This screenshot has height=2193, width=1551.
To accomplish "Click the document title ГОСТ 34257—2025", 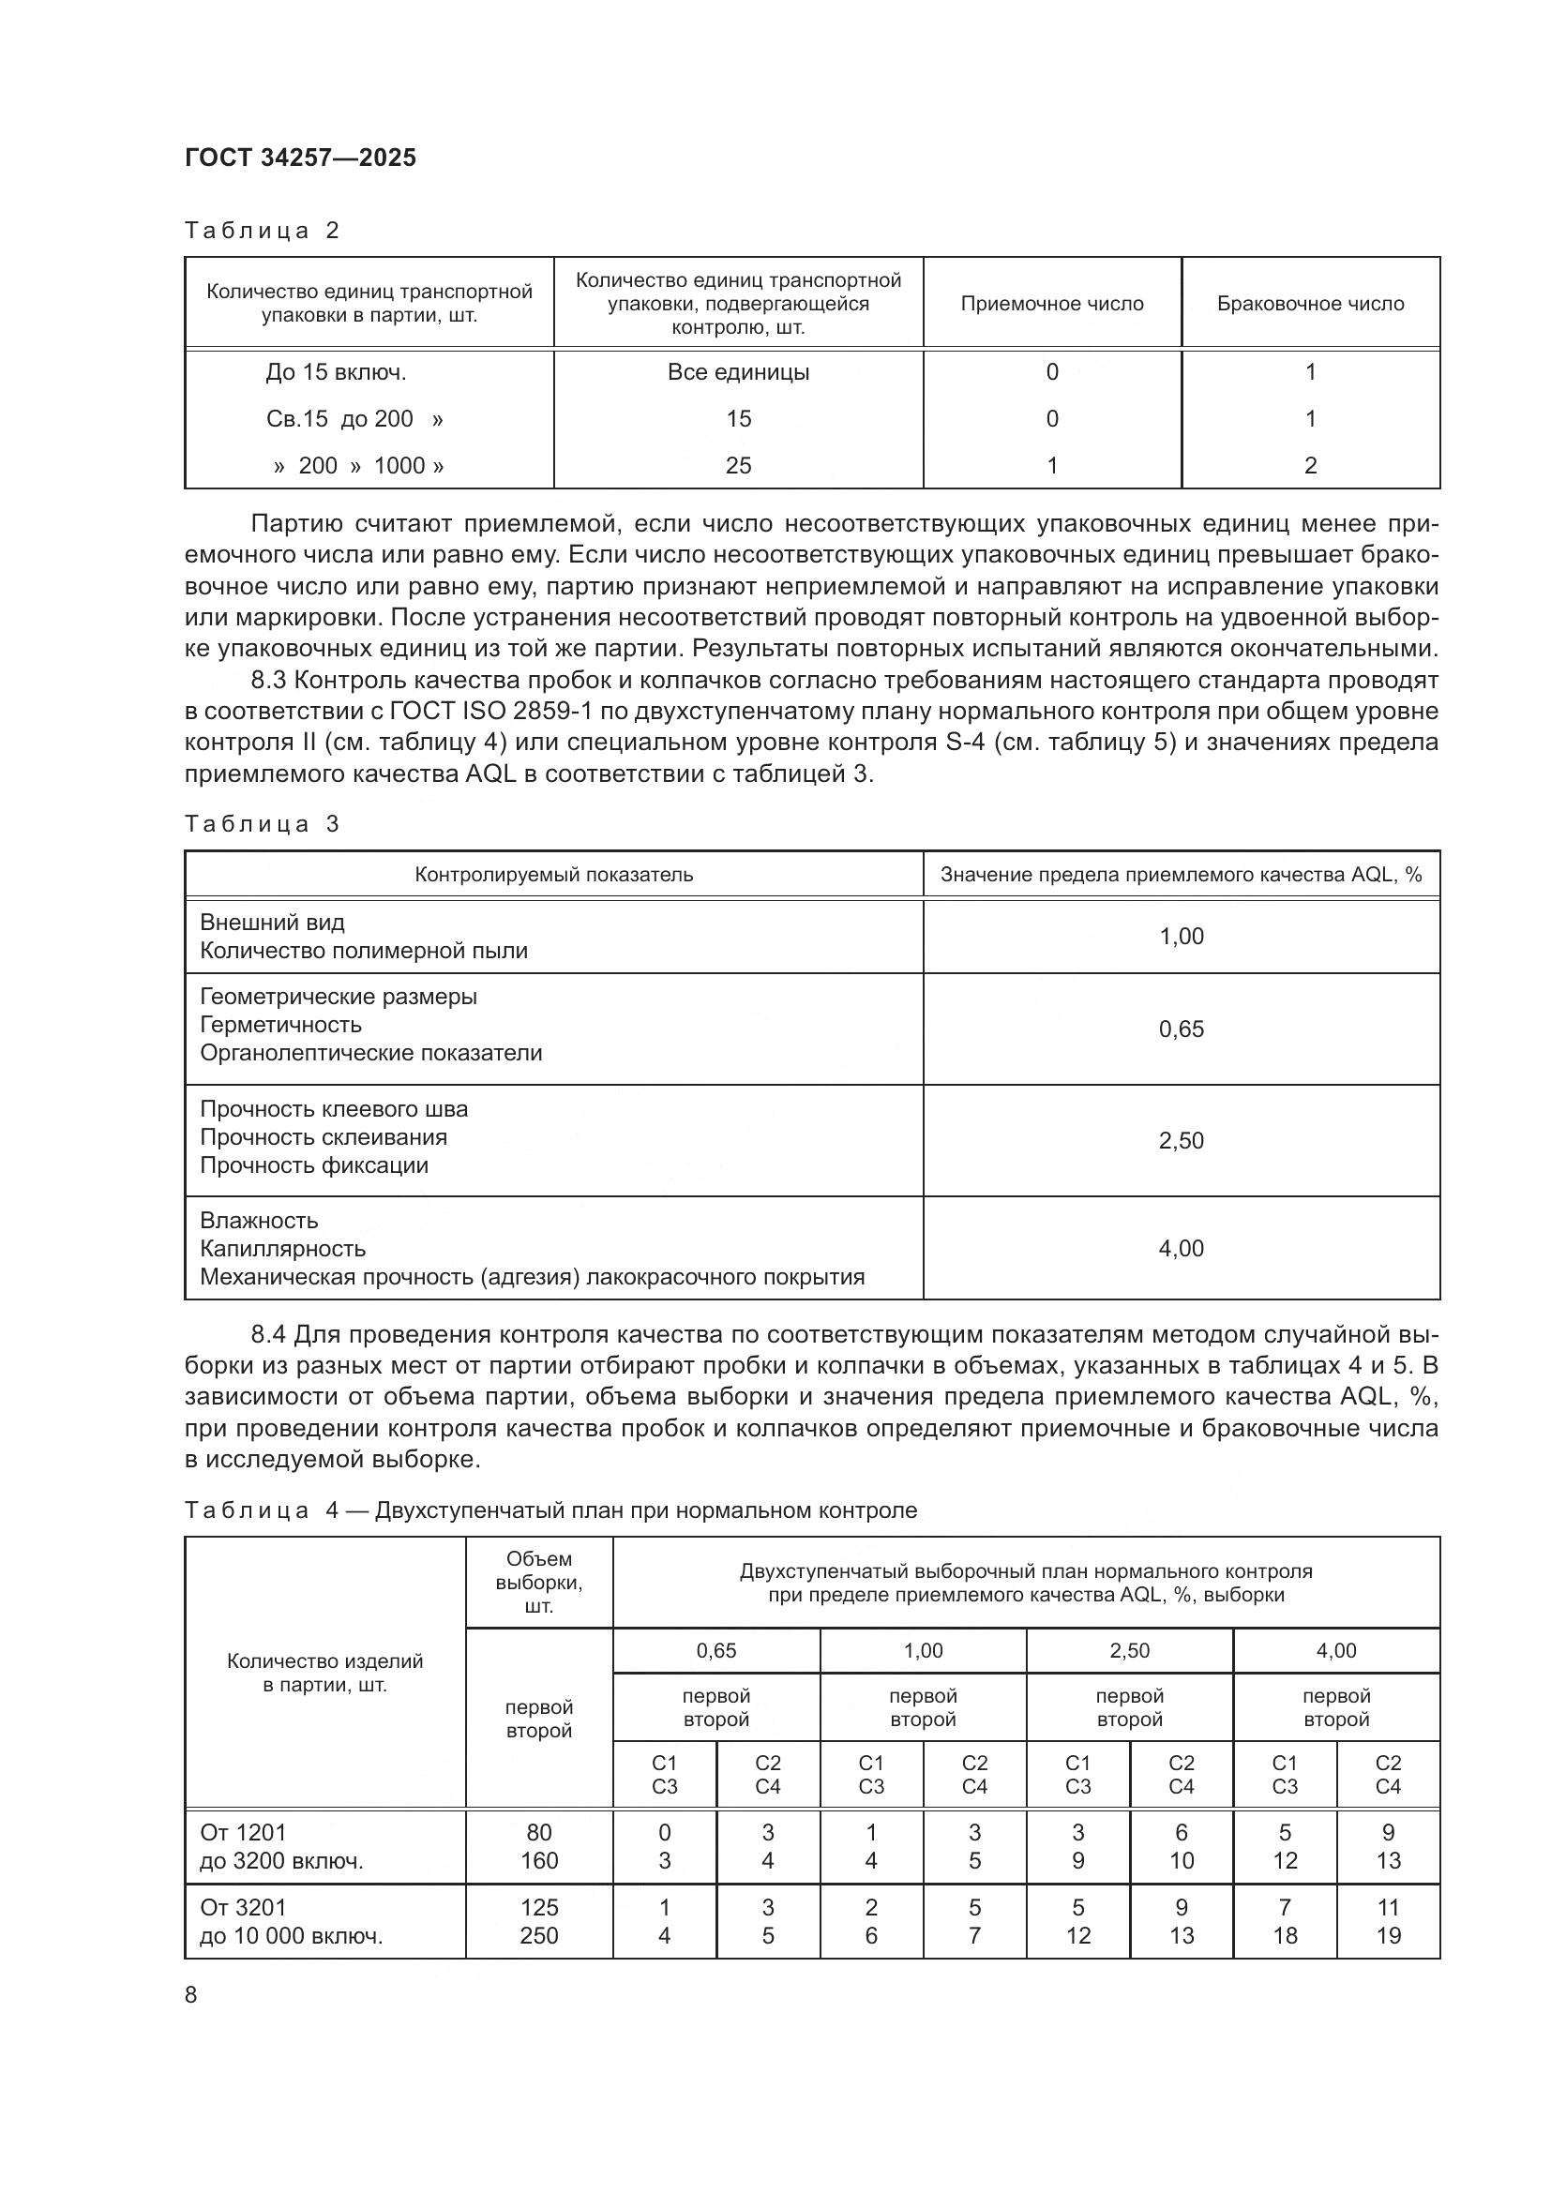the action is [x=300, y=158].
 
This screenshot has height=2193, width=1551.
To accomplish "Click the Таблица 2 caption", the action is [x=262, y=231].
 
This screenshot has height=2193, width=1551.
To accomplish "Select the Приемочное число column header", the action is [x=1051, y=304].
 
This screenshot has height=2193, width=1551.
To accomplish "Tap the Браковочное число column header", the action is [x=1310, y=304].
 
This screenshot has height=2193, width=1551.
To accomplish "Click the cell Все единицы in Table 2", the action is [x=738, y=372].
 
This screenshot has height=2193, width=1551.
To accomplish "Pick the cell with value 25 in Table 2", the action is [x=738, y=465].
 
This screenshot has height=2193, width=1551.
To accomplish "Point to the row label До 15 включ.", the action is [x=337, y=372].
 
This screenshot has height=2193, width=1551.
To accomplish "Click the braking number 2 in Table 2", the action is [x=1310, y=465].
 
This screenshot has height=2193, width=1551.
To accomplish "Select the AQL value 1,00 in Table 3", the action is [x=1182, y=936].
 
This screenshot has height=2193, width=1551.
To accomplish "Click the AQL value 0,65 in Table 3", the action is [x=1182, y=1029].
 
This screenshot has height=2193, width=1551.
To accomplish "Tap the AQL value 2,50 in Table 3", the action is [x=1182, y=1140].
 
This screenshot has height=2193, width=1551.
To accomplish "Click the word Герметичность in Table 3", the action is [x=280, y=1025].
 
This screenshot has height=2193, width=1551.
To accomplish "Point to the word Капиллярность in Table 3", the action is [x=282, y=1248].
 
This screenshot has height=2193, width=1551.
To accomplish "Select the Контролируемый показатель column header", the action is [x=554, y=875].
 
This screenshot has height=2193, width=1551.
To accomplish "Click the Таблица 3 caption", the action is [x=262, y=823].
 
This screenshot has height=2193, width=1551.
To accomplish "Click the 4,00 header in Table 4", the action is [x=1336, y=1650].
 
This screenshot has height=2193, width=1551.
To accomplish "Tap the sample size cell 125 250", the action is [x=538, y=1922].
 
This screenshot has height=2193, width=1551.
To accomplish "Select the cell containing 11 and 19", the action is [x=1388, y=1922].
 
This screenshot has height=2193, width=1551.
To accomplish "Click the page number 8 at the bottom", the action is [x=191, y=1994].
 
